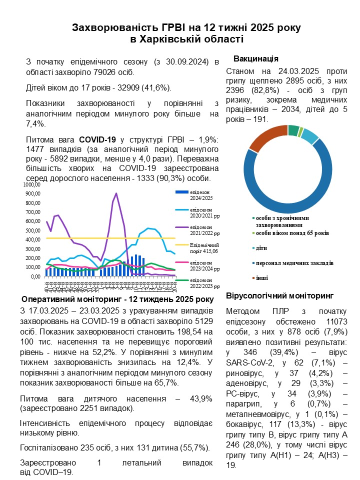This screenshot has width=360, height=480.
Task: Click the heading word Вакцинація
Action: [x=255, y=58]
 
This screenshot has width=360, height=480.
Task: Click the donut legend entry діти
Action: [x=261, y=248]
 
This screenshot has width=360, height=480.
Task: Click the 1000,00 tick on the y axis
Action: [x=31, y=185]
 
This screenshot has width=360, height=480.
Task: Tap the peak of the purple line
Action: [x=116, y=193]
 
